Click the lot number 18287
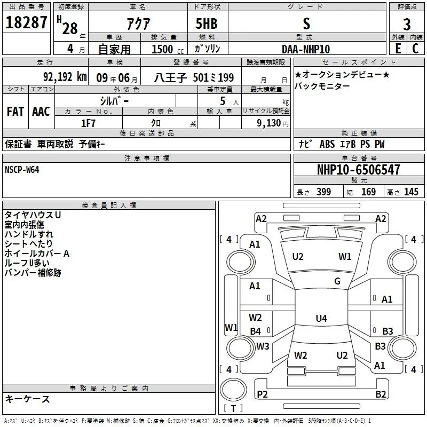click(x=26, y=22)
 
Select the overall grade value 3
click(x=407, y=24)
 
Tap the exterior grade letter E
click(x=398, y=49)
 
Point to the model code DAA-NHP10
click(x=306, y=49)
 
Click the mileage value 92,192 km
click(x=65, y=77)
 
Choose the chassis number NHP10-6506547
click(x=359, y=170)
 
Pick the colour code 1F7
click(x=88, y=123)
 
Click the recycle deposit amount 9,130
click(x=269, y=123)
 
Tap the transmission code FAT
click(x=15, y=112)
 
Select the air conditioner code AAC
click(x=41, y=112)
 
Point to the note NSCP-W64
click(x=22, y=170)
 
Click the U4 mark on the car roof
click(x=321, y=318)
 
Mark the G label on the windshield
click(x=337, y=281)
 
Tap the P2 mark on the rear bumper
click(x=262, y=394)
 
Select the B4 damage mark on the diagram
click(x=256, y=331)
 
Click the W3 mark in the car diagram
click(x=263, y=346)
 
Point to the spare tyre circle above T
click(x=233, y=390)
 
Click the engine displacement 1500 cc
click(x=168, y=49)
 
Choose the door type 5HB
click(x=207, y=23)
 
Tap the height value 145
click(x=411, y=192)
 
